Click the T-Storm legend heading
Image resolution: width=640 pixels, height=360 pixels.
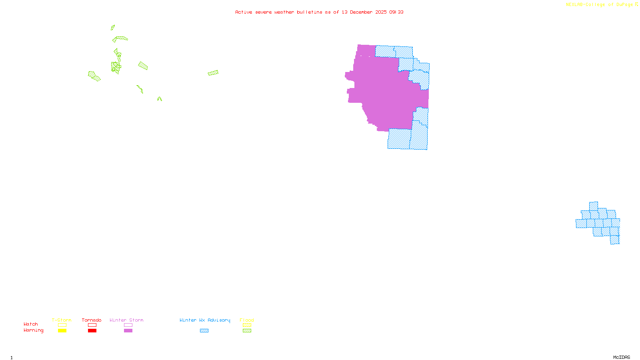(62, 320)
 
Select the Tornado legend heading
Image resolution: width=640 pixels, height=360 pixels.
(92, 320)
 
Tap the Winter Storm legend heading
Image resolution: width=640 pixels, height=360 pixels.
(126, 320)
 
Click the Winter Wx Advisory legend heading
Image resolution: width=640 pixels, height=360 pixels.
(205, 320)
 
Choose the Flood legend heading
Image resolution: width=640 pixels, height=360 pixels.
(247, 320)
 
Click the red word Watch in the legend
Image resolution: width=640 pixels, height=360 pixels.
(31, 324)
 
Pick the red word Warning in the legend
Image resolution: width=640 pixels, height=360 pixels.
(33, 330)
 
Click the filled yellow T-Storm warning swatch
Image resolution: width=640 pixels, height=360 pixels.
(62, 331)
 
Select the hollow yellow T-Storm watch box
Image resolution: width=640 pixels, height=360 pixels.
(62, 325)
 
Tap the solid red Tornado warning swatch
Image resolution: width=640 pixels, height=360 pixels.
(92, 331)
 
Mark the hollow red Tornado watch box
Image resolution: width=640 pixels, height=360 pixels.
(92, 325)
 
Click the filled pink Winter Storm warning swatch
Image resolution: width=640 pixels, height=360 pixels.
(128, 331)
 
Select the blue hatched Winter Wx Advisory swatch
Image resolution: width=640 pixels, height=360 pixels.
(204, 331)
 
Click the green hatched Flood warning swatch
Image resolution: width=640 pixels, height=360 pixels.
(247, 331)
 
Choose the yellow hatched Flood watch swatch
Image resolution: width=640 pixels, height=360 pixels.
(247, 325)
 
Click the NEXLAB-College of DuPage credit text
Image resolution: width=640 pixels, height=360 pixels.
(599, 5)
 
